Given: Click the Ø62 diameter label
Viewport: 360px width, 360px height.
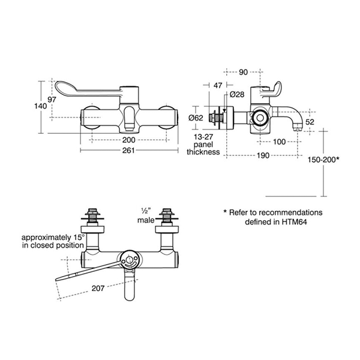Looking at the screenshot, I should [196, 118].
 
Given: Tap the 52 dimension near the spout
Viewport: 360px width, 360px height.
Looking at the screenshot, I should [310, 122].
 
